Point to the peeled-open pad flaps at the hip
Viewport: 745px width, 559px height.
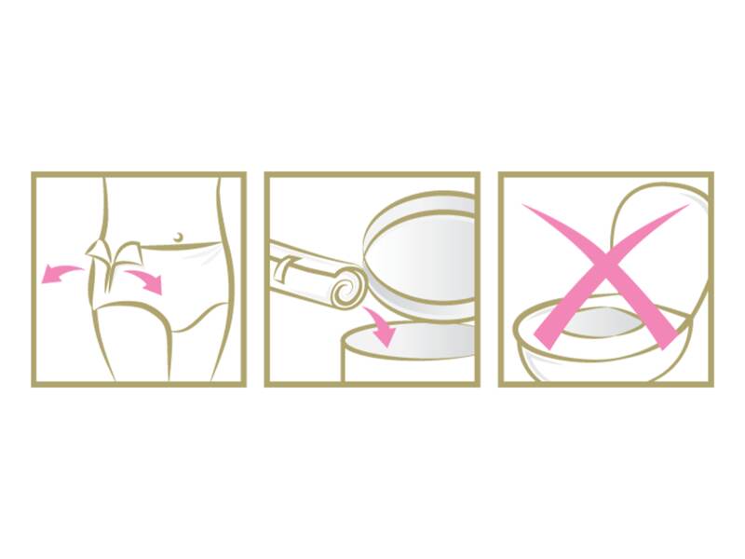pyautogui.click(x=113, y=254)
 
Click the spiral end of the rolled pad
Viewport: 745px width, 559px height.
pyautogui.click(x=343, y=284)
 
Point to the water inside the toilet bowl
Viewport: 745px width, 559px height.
pyautogui.click(x=596, y=321)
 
